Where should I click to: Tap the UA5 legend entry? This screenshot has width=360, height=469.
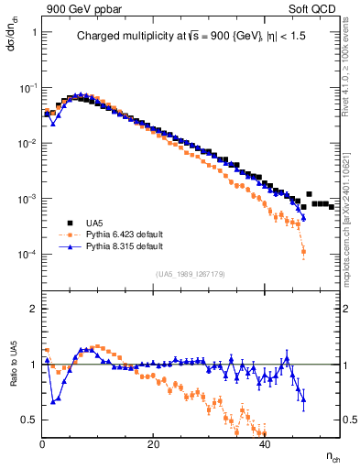click(x=98, y=223)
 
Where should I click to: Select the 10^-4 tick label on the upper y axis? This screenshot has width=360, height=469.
click(x=28, y=255)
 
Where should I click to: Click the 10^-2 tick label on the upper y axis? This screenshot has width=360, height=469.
click(x=28, y=144)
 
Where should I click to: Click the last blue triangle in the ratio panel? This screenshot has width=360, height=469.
click(x=303, y=398)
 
